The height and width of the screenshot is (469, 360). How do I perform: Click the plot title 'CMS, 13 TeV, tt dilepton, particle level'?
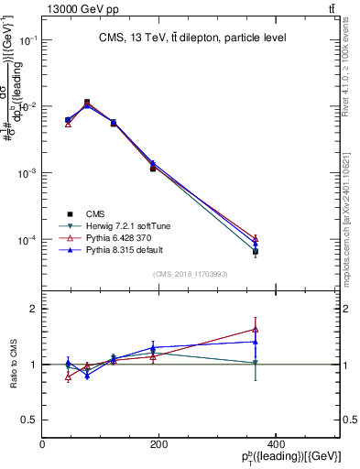pos(192,38)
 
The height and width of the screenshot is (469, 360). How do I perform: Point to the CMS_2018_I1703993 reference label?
pos(191,274)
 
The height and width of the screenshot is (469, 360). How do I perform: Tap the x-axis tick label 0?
pos(42,444)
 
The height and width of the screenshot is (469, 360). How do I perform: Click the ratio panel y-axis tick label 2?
pos(32,309)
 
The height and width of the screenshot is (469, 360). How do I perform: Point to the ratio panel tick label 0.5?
pos(27,420)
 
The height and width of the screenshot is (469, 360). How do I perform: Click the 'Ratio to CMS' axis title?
pos(14,365)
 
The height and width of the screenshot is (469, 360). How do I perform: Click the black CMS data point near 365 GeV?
pos(256,251)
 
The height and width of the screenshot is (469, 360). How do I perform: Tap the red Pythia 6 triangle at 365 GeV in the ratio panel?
pos(256,330)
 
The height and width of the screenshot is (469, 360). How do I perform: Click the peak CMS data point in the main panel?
pos(87,103)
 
